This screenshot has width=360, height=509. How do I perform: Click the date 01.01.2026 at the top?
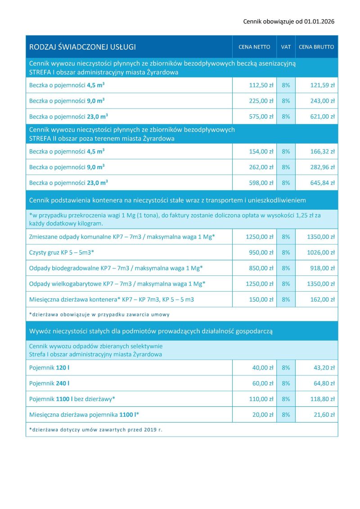[x=319, y=21]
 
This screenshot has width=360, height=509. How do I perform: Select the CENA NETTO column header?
[x=254, y=47]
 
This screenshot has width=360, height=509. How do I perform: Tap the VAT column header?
[x=286, y=47]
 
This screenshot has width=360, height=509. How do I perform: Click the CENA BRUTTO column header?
[x=316, y=47]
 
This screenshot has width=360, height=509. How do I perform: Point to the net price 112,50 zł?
[x=261, y=85]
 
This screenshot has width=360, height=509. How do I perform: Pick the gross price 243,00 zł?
[x=322, y=101]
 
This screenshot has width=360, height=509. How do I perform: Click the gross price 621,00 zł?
[x=322, y=116]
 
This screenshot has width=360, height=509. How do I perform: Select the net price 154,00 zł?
[x=261, y=152]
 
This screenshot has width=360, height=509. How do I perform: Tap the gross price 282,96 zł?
[x=322, y=167]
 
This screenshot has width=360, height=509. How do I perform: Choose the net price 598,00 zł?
[x=261, y=183]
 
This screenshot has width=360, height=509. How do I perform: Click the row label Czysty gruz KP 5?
[x=62, y=252]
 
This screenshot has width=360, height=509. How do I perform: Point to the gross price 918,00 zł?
[x=322, y=268]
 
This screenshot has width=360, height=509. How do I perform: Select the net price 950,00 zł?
[x=261, y=252]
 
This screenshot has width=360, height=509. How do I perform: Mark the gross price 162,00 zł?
[x=322, y=299]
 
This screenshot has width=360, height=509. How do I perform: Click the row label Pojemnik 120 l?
[x=49, y=368]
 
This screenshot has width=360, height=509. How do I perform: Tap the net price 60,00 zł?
[x=263, y=383]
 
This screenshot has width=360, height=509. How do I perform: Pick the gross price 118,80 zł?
[x=322, y=399]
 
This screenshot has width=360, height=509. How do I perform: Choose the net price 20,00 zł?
[x=263, y=414]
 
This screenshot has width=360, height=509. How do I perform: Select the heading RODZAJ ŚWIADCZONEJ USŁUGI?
[x=82, y=47]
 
